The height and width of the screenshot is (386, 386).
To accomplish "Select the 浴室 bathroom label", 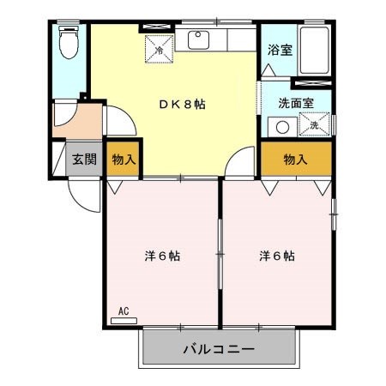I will (280, 50).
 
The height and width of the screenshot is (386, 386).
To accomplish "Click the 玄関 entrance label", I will (84, 159).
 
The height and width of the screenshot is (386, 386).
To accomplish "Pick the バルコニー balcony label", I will (219, 350).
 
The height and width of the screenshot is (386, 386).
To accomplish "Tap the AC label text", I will (122, 310).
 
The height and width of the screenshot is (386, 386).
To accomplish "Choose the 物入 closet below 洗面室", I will (296, 159).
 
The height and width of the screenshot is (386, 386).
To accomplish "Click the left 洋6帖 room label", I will (161, 256).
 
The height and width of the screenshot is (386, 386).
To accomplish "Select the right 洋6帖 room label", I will (277, 256).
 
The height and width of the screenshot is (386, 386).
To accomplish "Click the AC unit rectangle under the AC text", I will (124, 320).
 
